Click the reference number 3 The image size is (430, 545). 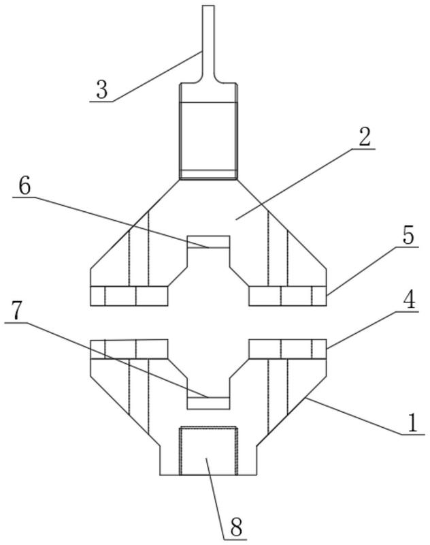(102, 90)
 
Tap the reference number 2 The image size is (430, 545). (365, 138)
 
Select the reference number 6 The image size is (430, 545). (24, 187)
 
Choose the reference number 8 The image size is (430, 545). (236, 527)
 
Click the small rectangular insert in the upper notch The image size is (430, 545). (208, 242)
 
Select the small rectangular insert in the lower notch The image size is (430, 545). (208, 403)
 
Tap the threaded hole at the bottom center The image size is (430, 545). (208, 451)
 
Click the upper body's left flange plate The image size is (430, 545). (129, 296)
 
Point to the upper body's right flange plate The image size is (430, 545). (288, 296)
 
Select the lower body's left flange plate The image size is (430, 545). (129, 349)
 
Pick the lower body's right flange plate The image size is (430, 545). (288, 349)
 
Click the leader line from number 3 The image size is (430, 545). (157, 77)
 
